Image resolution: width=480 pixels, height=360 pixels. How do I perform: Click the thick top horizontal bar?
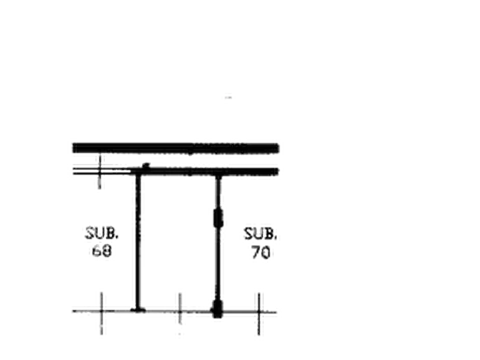click(x=176, y=148)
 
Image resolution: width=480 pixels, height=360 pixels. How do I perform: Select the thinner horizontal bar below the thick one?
click(x=204, y=171)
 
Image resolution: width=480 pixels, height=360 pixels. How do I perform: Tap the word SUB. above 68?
click(x=102, y=233)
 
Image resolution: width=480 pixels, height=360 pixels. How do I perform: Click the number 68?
click(x=102, y=251)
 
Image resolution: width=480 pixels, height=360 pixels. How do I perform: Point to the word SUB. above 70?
click(x=261, y=234)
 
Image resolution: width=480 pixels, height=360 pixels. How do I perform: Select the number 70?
click(x=261, y=253)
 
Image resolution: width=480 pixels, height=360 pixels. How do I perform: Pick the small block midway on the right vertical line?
click(x=218, y=218)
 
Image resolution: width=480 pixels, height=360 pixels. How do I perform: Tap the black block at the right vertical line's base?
click(x=217, y=309)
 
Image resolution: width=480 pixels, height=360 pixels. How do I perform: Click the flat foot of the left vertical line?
click(x=138, y=310)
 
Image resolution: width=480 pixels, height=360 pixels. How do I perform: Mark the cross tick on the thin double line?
click(x=99, y=171)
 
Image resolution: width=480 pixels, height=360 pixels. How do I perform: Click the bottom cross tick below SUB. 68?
click(x=102, y=312)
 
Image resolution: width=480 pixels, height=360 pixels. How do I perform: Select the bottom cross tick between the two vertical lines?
click(x=180, y=312)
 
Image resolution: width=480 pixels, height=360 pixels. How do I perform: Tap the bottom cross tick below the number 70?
click(x=259, y=312)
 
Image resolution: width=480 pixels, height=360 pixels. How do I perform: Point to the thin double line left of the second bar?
click(x=102, y=171)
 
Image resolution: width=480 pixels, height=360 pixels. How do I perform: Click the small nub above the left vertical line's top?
click(x=146, y=165)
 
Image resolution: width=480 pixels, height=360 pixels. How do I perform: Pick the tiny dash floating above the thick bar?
click(x=228, y=98)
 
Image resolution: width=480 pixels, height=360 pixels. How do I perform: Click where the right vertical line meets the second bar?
click(x=218, y=175)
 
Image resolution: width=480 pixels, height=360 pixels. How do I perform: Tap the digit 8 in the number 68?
click(x=107, y=251)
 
